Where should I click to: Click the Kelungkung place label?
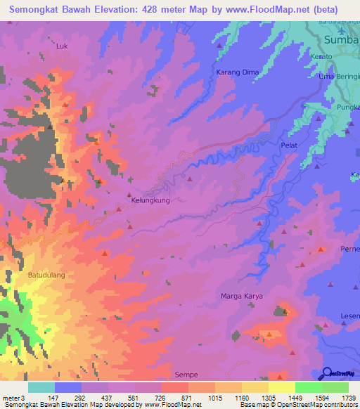[x=151, y=200]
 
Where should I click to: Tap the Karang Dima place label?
[x=238, y=72]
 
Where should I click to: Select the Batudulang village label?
[x=46, y=275]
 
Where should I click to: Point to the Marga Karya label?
[x=242, y=296]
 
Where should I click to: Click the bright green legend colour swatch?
[x=308, y=387]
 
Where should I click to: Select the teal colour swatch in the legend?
[x=41, y=387]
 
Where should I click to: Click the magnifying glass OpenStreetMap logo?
[x=328, y=373]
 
